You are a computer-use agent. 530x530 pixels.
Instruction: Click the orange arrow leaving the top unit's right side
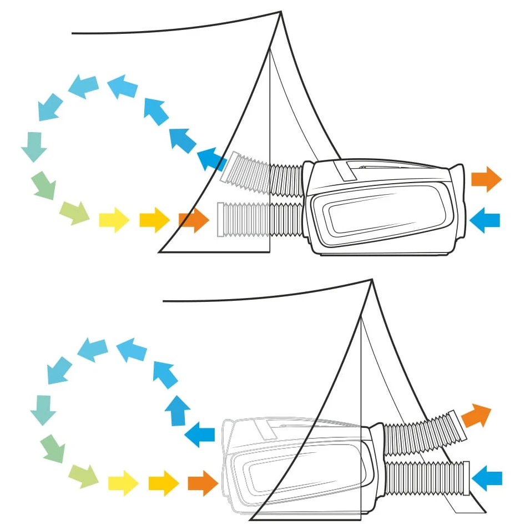point(486,179)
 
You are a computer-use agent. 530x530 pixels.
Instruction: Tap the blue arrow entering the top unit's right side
point(484,220)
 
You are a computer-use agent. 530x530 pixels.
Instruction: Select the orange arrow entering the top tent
point(194,220)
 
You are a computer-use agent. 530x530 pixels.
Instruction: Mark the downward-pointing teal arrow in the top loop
point(33,146)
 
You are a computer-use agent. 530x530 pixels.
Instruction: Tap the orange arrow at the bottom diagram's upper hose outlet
point(476,415)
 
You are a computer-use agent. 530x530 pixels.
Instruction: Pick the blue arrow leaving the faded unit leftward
point(200,433)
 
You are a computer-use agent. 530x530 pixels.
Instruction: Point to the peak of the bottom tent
point(372,280)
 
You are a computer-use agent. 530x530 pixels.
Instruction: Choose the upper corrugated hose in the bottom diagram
point(419,433)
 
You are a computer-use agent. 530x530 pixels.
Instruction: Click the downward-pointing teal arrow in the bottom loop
point(43,410)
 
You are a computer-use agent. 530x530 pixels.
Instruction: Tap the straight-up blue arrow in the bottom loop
point(178,411)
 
